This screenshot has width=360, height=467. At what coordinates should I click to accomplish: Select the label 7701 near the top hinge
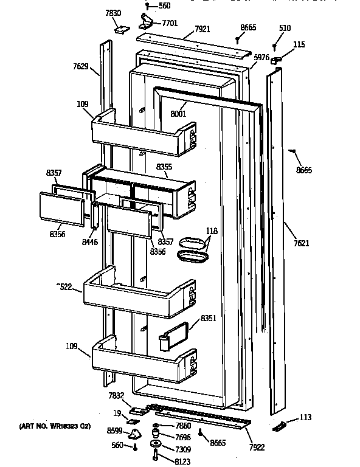(170, 24)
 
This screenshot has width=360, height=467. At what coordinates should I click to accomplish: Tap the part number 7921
(202, 29)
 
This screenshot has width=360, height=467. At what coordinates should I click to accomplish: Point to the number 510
(284, 29)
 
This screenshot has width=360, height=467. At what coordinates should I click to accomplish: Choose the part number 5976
(261, 57)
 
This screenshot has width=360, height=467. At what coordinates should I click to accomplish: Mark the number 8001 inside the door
(178, 113)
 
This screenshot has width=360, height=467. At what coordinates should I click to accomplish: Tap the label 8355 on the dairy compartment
(164, 167)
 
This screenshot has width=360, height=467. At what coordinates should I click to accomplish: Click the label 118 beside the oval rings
(212, 231)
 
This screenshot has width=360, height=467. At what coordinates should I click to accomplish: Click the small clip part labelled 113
(279, 427)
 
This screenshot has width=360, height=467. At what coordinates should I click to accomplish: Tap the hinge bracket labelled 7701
(145, 22)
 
